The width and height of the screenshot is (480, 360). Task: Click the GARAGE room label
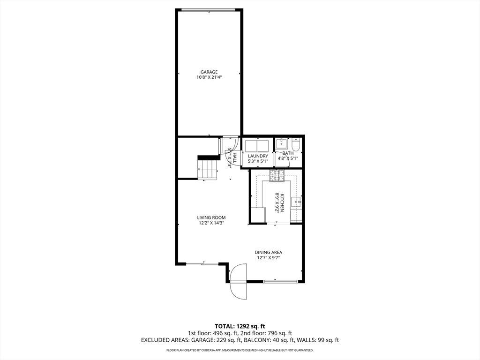(209, 72)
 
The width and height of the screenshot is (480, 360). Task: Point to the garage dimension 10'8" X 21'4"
(209, 77)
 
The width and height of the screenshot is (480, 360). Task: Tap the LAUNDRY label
(258, 156)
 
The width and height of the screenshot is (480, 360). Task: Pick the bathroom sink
(281, 143)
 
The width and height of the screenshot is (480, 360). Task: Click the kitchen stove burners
(277, 175)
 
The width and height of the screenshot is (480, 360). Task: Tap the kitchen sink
(296, 202)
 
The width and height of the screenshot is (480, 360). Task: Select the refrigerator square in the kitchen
(257, 216)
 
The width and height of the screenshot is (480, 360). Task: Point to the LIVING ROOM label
(211, 217)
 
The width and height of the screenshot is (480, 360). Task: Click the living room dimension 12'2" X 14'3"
(211, 223)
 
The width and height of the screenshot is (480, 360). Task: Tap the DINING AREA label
(269, 252)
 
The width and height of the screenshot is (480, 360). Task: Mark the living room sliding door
(202, 264)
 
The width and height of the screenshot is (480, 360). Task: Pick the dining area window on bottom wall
(280, 281)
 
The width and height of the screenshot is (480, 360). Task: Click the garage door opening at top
(209, 9)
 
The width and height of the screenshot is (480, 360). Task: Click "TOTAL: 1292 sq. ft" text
(240, 326)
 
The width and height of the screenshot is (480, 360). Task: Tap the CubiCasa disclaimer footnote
(240, 350)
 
